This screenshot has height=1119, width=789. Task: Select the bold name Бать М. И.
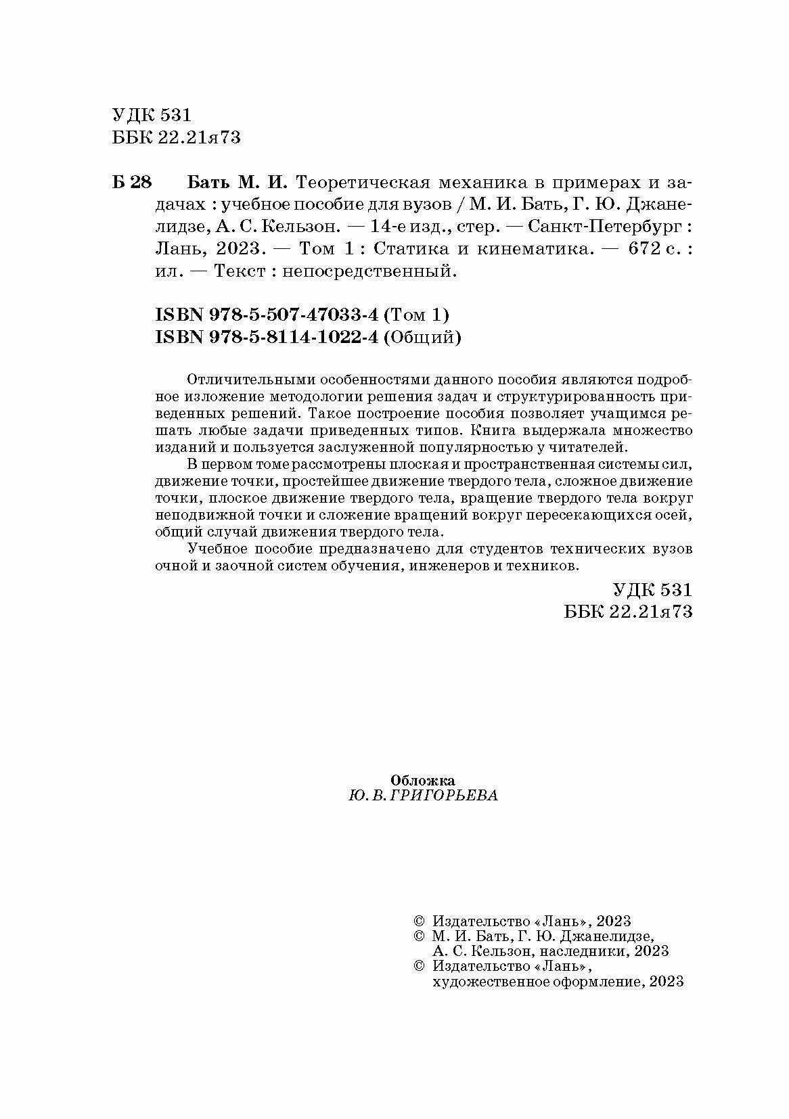tap(237, 183)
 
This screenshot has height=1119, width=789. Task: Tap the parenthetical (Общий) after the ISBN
tap(423, 338)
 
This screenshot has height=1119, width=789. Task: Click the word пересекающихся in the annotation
tap(589, 515)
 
